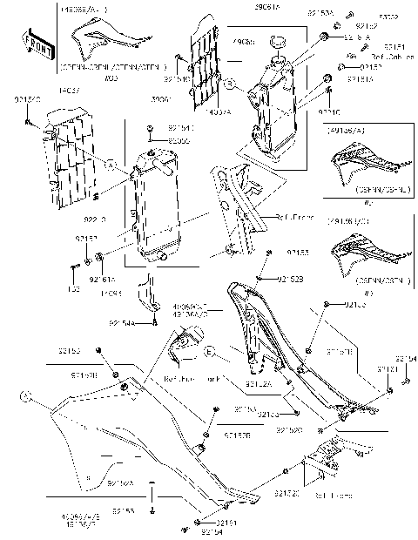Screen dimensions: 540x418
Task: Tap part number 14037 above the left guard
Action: pyautogui.click(x=69, y=89)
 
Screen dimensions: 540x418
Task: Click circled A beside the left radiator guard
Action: pyautogui.click(x=112, y=163)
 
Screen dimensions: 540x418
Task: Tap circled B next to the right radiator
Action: pyautogui.click(x=228, y=85)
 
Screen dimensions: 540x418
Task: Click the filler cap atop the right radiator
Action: pyautogui.click(x=280, y=41)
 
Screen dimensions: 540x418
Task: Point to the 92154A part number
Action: pyautogui.click(x=122, y=321)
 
